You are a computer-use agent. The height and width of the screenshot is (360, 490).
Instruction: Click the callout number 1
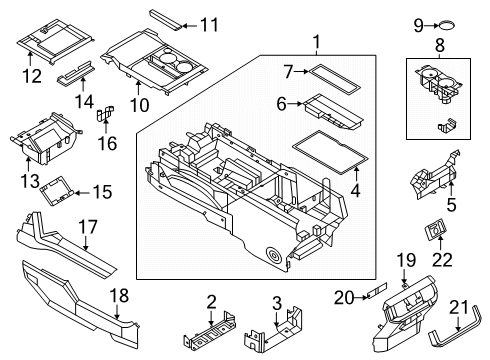tap(316, 42)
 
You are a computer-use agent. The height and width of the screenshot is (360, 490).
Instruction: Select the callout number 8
tap(437, 46)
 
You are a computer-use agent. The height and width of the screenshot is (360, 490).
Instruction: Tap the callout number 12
tap(32, 76)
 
